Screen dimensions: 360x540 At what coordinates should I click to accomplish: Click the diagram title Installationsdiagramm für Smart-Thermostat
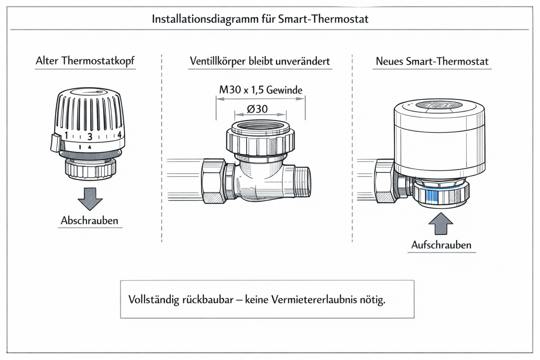pos(260,19)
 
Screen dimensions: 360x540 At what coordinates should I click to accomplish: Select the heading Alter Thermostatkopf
pos(85,61)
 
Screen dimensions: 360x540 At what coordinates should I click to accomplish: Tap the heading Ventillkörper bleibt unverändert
pos(260,61)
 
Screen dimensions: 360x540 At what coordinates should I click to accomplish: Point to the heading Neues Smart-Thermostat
pos(432,62)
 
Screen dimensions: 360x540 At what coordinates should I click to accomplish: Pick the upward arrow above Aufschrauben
pos(441,224)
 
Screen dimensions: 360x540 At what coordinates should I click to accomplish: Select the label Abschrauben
pos(90,221)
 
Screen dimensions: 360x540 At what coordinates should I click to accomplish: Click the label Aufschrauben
pos(441,245)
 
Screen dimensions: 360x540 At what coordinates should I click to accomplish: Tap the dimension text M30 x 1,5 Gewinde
pos(261,90)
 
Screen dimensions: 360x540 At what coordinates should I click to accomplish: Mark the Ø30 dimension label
pos(257,109)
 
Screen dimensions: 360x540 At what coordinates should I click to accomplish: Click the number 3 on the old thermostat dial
pos(90,137)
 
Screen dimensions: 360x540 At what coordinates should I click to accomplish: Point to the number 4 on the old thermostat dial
pos(119,135)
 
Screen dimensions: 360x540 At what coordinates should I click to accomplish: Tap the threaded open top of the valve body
pos(260,127)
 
